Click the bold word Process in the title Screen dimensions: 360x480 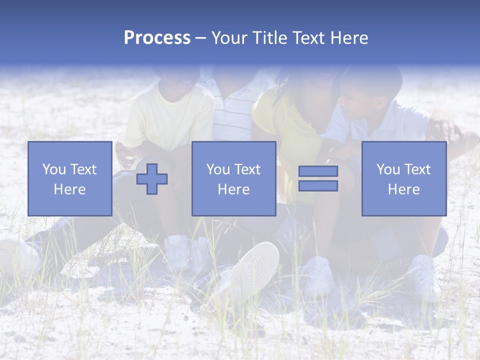[157, 38]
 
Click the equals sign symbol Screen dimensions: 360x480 [318, 178]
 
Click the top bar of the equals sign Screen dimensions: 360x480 [318, 171]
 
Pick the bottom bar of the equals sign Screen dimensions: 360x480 [318, 186]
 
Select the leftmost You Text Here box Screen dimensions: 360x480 [69, 178]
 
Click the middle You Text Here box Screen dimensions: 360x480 [233, 178]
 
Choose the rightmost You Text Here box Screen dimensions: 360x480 [403, 178]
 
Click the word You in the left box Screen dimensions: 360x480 [53, 169]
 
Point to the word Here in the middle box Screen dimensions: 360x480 [233, 189]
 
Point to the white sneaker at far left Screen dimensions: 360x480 [17, 255]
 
